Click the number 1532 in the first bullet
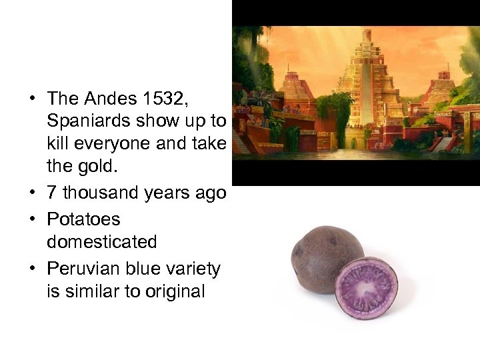pyautogui.click(x=167, y=99)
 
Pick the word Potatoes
pyautogui.click(x=83, y=219)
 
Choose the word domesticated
pyautogui.click(x=102, y=242)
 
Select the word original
pyautogui.click(x=171, y=291)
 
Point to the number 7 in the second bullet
pyautogui.click(x=51, y=194)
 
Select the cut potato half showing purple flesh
pyautogui.click(x=366, y=287)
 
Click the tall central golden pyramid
pyautogui.click(x=365, y=93)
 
